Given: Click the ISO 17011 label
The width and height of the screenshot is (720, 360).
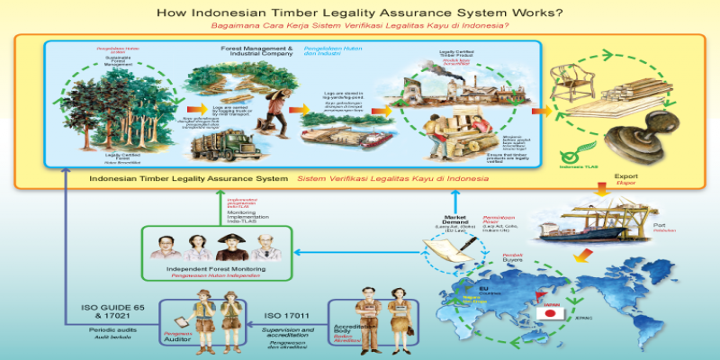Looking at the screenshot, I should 286,315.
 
